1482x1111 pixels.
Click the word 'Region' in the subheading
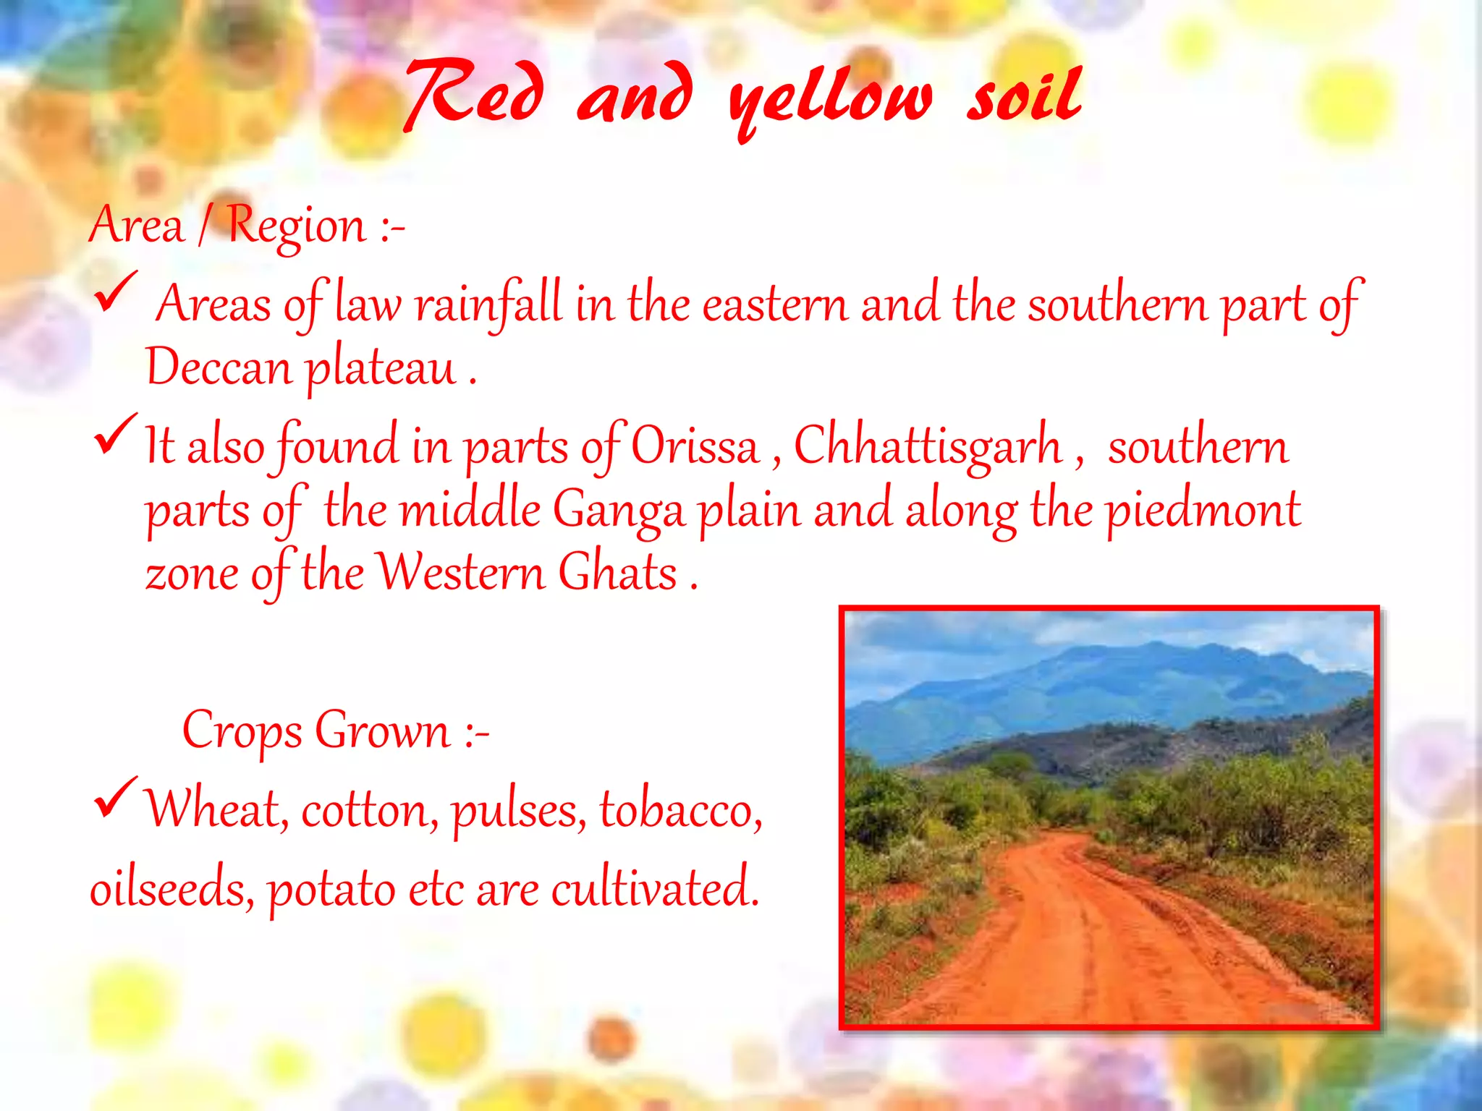click(297, 226)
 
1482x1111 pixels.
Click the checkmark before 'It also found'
click(116, 433)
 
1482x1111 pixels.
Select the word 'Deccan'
click(218, 367)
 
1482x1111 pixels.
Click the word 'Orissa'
click(695, 446)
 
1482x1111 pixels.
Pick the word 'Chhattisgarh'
click(928, 446)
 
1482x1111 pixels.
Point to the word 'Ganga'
click(619, 510)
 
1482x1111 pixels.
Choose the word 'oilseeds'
click(171, 888)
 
